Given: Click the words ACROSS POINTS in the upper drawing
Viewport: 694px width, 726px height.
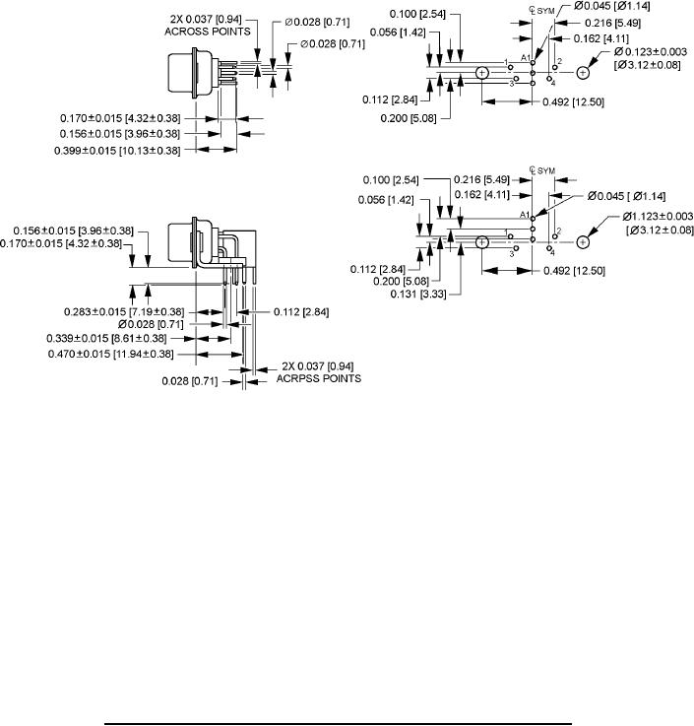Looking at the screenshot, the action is pyautogui.click(x=208, y=32).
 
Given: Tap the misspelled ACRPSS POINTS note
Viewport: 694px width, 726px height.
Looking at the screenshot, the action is pyautogui.click(x=319, y=378).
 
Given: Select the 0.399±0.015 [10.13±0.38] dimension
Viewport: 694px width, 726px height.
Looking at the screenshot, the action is pyautogui.click(x=117, y=151).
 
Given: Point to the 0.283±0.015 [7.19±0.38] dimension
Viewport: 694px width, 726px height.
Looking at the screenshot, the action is pyautogui.click(x=124, y=312).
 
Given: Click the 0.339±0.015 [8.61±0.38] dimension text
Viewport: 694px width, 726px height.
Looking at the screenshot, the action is pyautogui.click(x=106, y=339).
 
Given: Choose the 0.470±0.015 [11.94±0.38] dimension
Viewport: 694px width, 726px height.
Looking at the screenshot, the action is pyautogui.click(x=111, y=355).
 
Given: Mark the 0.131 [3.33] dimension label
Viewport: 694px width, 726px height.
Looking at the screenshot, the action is pyautogui.click(x=418, y=294).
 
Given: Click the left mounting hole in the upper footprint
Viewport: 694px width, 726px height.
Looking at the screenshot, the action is pyautogui.click(x=482, y=73).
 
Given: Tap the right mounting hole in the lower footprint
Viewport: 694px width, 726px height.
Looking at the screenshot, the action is pyautogui.click(x=583, y=242).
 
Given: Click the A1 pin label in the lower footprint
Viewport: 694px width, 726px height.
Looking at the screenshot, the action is pyautogui.click(x=525, y=215).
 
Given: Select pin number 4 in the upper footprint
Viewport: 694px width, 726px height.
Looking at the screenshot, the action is pyautogui.click(x=553, y=84).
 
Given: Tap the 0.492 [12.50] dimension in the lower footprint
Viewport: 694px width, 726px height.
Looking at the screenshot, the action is pyautogui.click(x=574, y=271).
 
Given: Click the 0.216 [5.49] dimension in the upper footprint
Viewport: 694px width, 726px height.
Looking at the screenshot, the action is pyautogui.click(x=612, y=24).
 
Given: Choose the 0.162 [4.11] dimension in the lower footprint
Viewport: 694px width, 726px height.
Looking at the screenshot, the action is pyautogui.click(x=481, y=195).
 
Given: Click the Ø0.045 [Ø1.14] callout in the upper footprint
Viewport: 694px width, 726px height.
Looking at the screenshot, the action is pyautogui.click(x=612, y=7).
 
